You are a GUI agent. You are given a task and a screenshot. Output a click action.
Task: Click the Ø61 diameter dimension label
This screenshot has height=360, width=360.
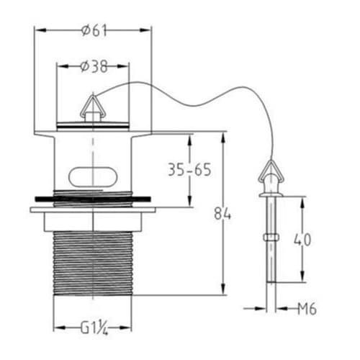[94, 30]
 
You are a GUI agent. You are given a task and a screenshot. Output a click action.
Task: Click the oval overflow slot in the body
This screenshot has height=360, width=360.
[93, 176]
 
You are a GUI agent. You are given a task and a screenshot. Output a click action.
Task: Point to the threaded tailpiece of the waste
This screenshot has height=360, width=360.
[93, 263]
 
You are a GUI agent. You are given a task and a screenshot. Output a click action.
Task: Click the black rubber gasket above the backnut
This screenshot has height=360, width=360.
[93, 196]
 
